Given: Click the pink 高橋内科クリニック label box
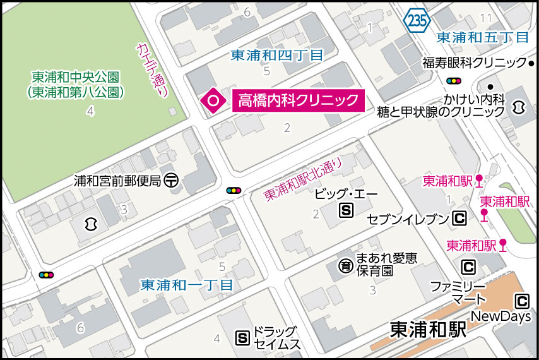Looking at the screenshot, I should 299,100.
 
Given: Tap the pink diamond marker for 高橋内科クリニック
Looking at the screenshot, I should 213,100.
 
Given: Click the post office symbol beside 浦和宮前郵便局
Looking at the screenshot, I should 171,180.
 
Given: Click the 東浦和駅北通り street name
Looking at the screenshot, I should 303,179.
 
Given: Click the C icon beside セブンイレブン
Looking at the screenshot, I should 459,219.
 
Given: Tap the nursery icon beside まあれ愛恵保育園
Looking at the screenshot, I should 345,266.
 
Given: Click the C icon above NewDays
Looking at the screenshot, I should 521,301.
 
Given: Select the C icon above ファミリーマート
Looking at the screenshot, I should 468,267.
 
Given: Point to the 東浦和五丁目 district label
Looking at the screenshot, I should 483,37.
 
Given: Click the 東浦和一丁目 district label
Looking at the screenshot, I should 187,285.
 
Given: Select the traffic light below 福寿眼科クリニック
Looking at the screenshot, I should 453,81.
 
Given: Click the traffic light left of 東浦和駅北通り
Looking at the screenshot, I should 234,189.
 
